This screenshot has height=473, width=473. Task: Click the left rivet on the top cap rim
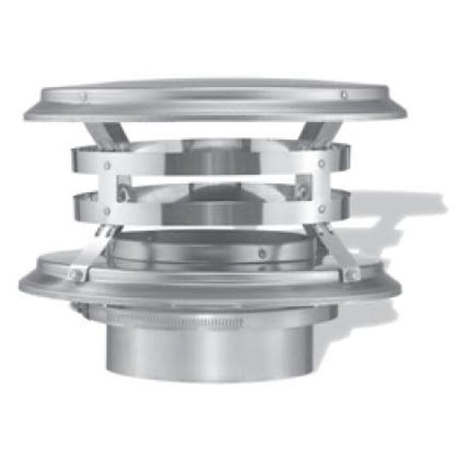[83, 97]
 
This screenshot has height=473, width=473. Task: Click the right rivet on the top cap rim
[343, 94]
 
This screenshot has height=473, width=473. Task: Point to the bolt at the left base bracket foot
[76, 275]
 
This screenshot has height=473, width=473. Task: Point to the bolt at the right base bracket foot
[353, 273]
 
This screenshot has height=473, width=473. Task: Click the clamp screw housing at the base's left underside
[80, 310]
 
